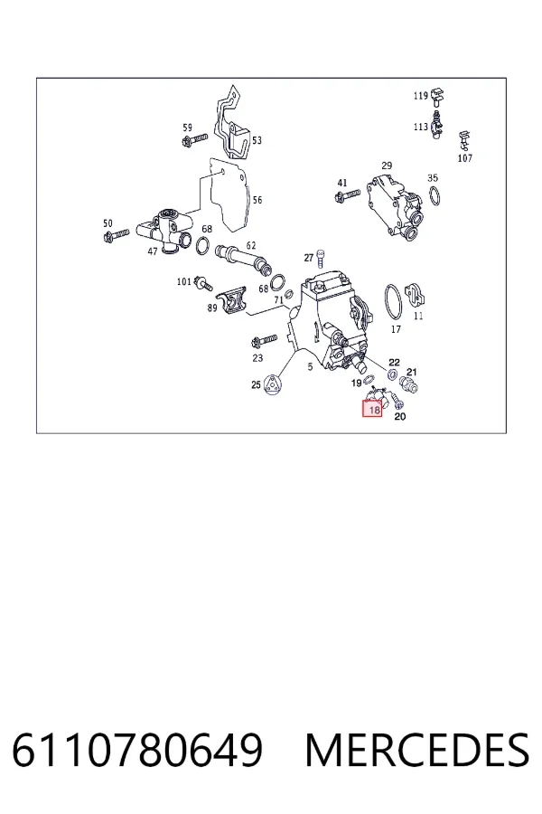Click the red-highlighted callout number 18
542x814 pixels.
point(373,410)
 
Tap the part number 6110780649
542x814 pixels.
point(137,750)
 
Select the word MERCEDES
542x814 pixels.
point(417,750)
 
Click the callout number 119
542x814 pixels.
point(421,96)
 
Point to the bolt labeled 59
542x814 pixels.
point(195,139)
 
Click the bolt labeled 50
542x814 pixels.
point(116,236)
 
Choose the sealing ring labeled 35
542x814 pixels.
point(435,196)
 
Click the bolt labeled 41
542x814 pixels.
point(348,195)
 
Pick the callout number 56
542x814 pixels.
point(257,200)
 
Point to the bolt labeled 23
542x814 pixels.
point(264,342)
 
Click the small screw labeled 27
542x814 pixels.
point(321,258)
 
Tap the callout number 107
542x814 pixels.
point(464,158)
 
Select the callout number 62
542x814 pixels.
point(251,245)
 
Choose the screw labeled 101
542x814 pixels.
point(202,283)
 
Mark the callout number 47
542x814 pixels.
point(152,251)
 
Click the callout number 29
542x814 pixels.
point(387,166)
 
